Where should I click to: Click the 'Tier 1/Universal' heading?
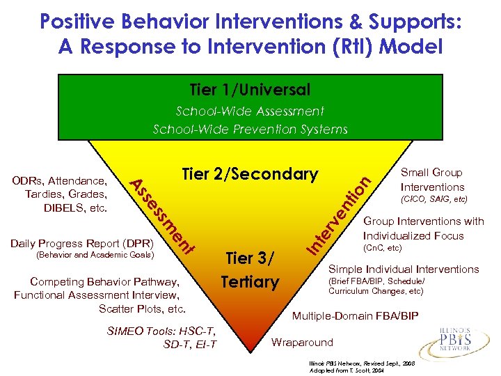coord(250,91)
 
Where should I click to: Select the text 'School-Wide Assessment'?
coord(250,111)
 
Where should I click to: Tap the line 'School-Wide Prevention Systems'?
coord(250,129)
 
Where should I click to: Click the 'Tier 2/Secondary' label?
coord(250,174)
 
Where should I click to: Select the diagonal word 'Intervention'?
coord(340,216)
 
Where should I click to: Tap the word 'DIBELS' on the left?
coord(64,207)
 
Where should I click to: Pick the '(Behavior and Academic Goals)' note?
coord(81,256)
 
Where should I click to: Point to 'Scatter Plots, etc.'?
coord(142,308)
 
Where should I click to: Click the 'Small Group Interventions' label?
coord(432,180)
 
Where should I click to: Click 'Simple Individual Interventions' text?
coord(404,269)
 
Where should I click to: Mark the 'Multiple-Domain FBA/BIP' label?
coord(355,316)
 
